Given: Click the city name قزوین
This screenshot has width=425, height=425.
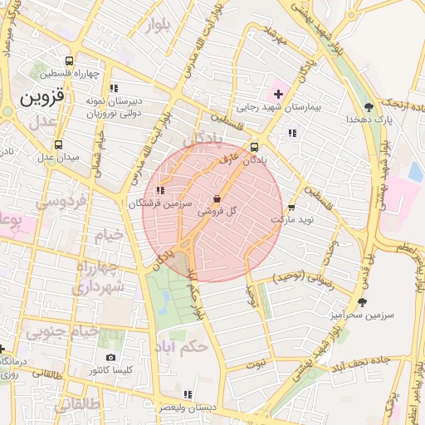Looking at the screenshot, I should point(41,98).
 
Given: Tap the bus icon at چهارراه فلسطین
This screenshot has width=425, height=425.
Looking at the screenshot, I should point(69,60).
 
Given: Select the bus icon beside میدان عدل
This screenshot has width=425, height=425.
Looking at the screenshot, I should point(57,144).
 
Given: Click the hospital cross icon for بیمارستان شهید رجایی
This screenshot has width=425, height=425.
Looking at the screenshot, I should point(277,93).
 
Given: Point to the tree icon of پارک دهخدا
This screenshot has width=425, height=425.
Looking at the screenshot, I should point(369,106).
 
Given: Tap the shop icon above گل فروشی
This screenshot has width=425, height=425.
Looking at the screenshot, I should point(217,199).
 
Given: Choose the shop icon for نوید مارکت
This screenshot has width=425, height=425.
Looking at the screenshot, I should point(291,208).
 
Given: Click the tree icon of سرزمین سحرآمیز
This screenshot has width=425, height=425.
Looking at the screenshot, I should point(361,302).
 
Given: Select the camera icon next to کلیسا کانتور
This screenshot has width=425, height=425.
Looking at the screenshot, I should point(111,358).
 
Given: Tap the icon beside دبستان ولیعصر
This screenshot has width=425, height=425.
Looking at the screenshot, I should point(188,394).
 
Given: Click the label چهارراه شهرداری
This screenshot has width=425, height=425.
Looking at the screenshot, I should point(100,276).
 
